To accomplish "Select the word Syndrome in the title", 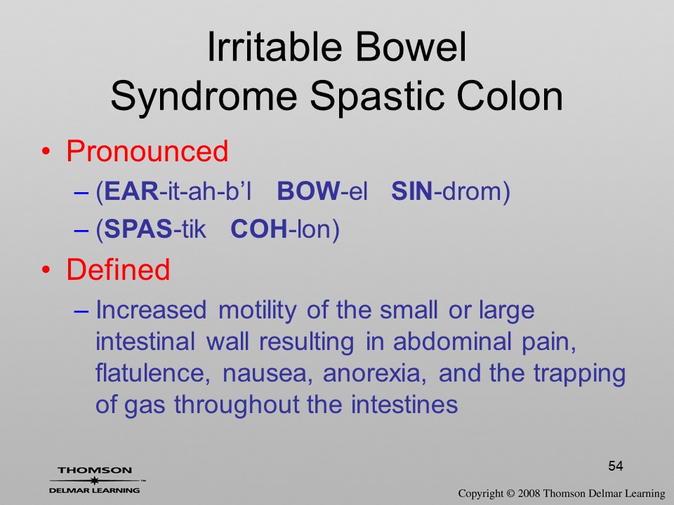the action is point(204,97).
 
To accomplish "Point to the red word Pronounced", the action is point(147,151).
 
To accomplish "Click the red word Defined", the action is point(118,269).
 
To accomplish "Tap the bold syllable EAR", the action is point(131,191).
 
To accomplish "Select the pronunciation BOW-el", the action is point(322,191).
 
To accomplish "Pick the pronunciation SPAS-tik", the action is point(155,229).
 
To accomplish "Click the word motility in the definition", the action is point(258,311).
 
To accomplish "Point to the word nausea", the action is point(267,374).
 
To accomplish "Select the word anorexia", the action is point(374,374).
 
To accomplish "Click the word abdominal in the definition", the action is point(452,342).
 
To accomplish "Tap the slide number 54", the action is point(616,466).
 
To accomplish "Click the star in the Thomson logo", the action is point(95,480).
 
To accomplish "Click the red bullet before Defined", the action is point(46,270).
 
